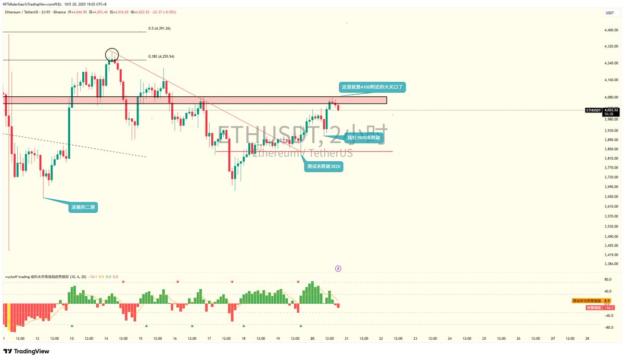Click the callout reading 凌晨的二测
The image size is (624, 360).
coord(83,208)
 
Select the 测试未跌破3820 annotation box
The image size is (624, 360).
coord(325,166)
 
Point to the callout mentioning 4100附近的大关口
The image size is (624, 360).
coord(372,87)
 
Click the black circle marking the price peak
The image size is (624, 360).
coord(112,54)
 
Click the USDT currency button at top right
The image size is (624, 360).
coord(609,13)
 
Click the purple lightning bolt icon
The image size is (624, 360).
coord(338,268)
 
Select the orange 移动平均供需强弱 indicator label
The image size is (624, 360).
coord(587,301)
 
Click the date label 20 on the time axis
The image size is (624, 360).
coord(312,339)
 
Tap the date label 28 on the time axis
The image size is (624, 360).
coord(587,339)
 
